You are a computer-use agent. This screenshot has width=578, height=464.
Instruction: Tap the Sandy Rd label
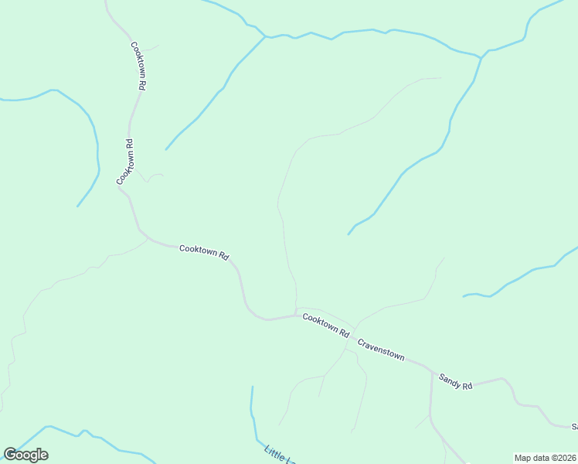tap(455, 380)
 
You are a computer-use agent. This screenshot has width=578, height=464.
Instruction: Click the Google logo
tap(25, 455)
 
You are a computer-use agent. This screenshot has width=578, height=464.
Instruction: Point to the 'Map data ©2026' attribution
tap(545, 458)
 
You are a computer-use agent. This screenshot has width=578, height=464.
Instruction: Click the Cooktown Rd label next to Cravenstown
tap(325, 324)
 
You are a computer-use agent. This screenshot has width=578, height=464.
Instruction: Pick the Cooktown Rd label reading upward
tap(126, 162)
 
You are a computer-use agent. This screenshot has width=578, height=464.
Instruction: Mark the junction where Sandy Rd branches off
tap(432, 372)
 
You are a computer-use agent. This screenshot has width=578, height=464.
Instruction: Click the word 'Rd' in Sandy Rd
tap(467, 384)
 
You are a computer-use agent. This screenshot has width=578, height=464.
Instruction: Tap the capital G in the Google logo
tap(10, 455)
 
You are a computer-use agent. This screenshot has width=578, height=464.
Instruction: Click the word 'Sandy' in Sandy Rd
tap(450, 378)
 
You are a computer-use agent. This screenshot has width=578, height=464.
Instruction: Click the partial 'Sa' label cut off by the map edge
tap(574, 426)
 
